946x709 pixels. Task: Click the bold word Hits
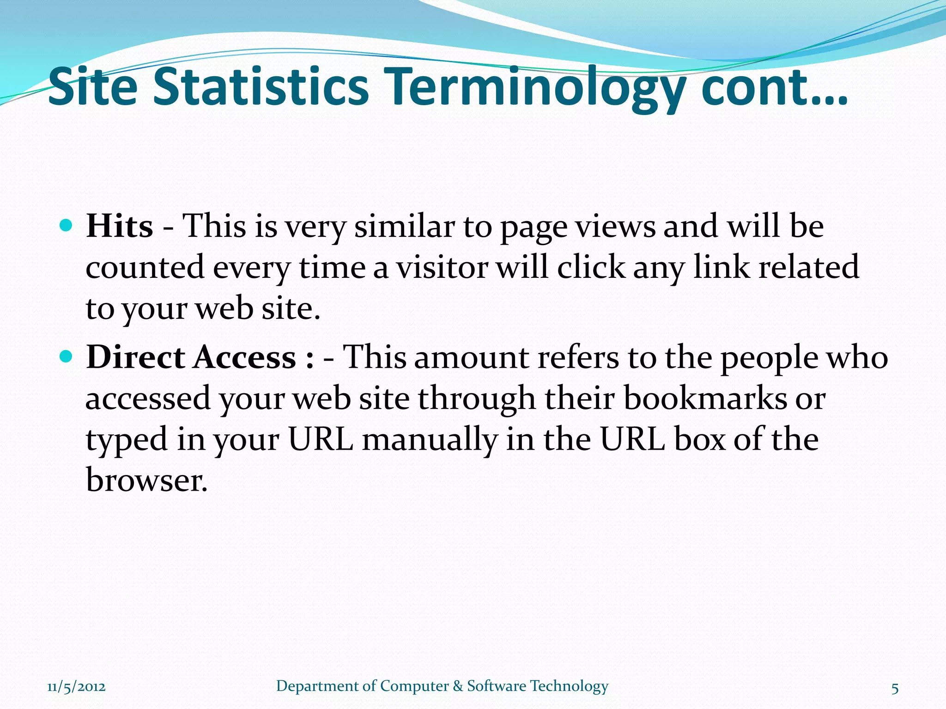119,227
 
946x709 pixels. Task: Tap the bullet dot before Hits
67,226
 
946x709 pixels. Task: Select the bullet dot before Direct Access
67,357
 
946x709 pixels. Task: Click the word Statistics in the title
261,87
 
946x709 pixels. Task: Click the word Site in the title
93,87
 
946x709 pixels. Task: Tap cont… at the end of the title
774,88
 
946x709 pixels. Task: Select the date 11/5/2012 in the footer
76,686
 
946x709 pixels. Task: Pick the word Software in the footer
497,686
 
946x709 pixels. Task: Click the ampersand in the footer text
458,686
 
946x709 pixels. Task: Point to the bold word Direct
135,358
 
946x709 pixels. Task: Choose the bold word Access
244,358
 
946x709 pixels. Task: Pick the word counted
145,268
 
